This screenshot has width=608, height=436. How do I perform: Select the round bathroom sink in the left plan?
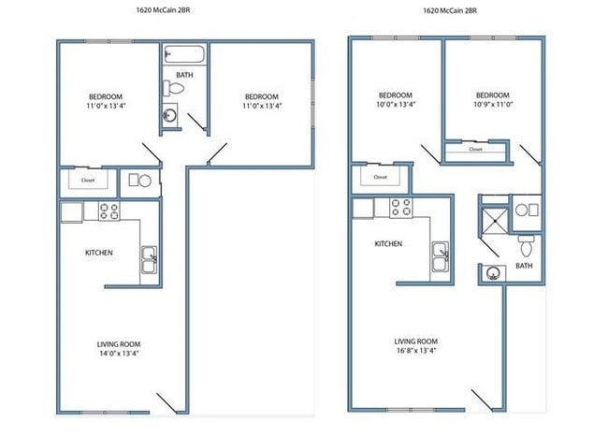coord(170,118)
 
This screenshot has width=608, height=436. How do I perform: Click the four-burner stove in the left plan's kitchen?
coord(108,211)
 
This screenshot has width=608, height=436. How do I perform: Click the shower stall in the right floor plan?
coord(493,219)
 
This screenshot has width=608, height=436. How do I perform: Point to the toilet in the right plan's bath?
coord(526,247)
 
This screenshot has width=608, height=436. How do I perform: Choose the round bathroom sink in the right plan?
coord(492,273)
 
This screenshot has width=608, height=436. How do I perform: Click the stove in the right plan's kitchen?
coord(402,207)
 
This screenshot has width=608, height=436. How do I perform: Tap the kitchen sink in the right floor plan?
coord(440,254)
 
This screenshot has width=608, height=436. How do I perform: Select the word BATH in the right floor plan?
coord(524,265)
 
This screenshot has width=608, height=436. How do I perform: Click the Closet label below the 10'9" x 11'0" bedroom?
coord(475,149)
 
